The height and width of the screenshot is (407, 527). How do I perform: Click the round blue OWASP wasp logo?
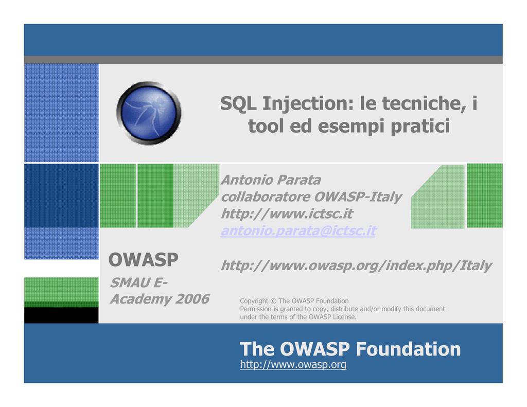149,113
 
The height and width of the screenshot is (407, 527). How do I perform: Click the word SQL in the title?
238,103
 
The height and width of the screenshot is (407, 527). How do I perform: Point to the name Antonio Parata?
271,180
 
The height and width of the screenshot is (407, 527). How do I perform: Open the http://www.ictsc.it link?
287,214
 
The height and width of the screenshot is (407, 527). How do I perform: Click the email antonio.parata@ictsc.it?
298,231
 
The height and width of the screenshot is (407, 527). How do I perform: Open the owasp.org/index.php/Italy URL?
357,266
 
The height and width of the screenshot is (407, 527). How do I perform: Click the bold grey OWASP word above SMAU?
144,260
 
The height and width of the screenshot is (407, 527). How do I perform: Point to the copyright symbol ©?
273,301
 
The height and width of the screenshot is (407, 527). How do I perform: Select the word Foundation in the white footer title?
408,349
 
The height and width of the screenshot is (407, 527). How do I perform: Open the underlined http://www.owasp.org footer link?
293,364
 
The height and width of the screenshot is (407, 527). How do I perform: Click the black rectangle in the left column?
62,315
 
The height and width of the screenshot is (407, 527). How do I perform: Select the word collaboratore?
266,197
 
